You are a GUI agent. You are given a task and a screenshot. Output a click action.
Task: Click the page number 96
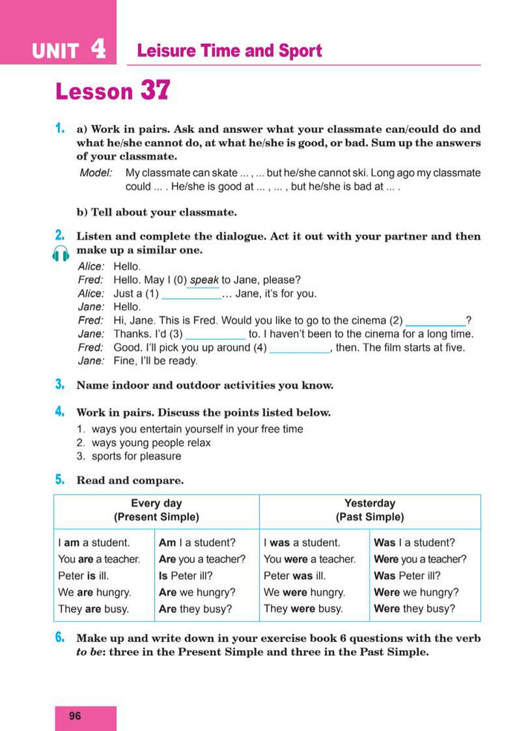75,716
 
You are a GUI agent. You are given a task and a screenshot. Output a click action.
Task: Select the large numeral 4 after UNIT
98,49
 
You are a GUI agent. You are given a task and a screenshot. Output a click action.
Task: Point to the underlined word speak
204,280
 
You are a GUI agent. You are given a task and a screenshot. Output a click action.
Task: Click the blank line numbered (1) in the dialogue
191,294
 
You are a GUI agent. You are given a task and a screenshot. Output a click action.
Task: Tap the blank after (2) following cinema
434,321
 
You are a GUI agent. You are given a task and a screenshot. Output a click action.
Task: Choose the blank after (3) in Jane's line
215,335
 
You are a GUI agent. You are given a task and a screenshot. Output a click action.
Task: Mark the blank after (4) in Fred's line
298,349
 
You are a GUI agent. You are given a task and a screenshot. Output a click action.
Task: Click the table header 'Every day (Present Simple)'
156,510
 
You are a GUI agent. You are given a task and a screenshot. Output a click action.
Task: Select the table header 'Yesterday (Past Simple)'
370,510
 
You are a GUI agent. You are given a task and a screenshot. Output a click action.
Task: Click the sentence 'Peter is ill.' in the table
88,576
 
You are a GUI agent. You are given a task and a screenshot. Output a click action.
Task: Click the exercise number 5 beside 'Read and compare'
59,480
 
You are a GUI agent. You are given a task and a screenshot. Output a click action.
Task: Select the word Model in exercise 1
95,173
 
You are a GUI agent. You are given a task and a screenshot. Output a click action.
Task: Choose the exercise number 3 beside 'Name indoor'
59,384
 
